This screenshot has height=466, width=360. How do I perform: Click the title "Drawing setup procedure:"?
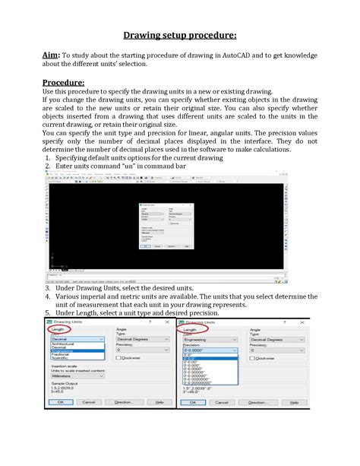[179, 35]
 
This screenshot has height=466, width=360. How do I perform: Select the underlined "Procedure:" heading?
[63, 83]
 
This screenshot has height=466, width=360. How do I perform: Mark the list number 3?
[47, 290]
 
